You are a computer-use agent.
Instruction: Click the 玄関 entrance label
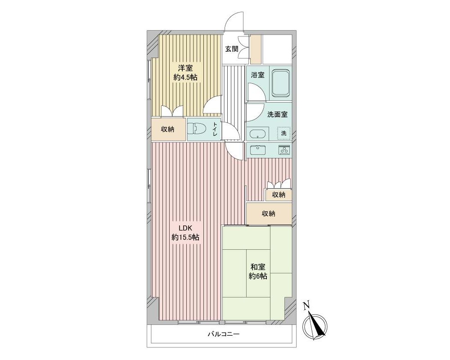tap(232, 49)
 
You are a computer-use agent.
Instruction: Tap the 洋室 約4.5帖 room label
tap(185, 72)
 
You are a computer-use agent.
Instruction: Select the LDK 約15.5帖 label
tap(185, 233)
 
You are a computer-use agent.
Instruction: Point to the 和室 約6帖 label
tap(258, 271)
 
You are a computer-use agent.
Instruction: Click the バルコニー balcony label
tap(224, 334)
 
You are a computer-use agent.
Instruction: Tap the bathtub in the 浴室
tap(280, 83)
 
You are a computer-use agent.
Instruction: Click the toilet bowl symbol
tap(195, 130)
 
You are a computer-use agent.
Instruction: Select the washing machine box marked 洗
tap(283, 133)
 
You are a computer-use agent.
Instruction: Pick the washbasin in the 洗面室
tap(258, 135)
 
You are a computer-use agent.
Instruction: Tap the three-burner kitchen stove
tap(284, 150)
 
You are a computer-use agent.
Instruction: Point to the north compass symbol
tap(315, 327)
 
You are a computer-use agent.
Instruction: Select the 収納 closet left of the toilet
tap(168, 130)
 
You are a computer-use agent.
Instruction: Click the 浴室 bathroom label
tap(257, 75)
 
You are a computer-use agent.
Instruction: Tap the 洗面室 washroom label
tap(278, 114)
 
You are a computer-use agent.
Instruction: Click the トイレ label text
tap(215, 130)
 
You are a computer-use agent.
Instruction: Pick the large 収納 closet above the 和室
tap(269, 214)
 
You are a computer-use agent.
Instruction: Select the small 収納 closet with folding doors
tap(279, 195)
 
